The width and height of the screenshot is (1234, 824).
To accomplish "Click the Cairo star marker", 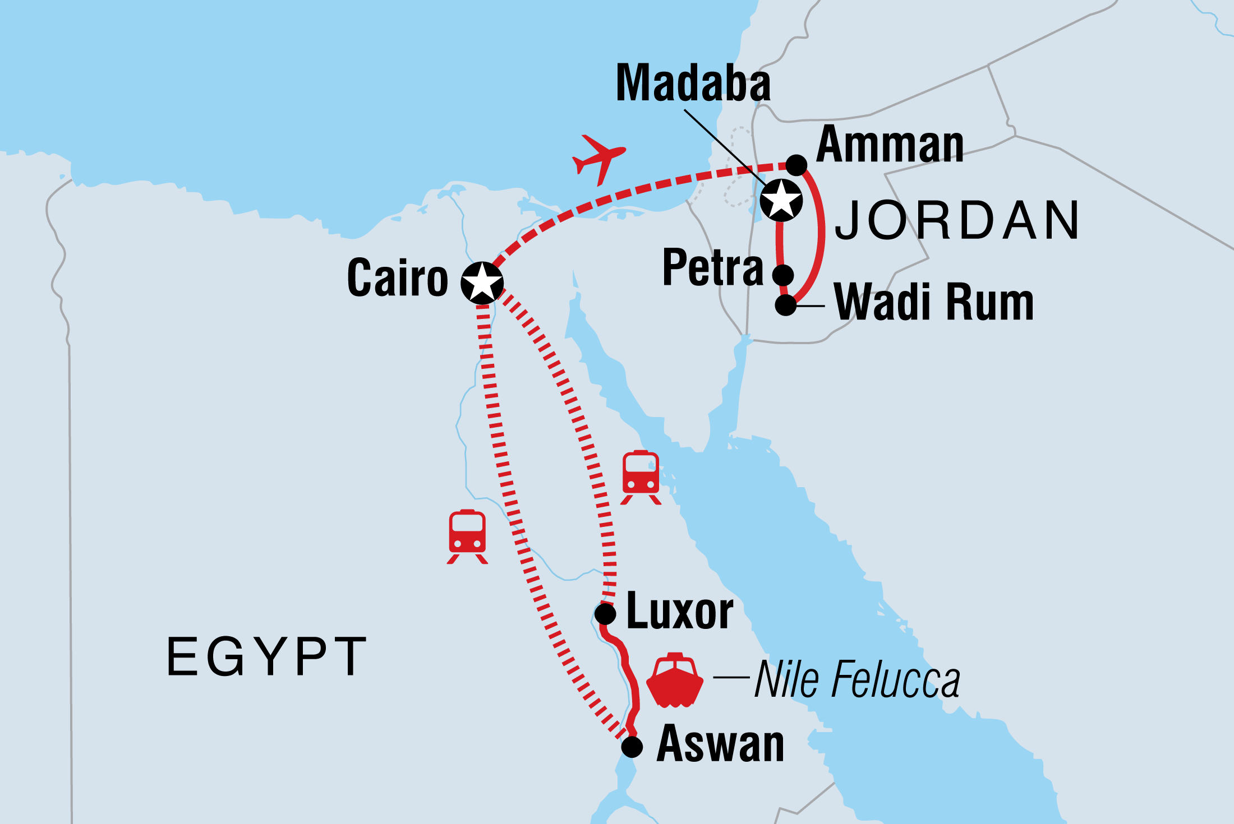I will [482, 283].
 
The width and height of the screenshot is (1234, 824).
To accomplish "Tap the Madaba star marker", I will [781, 200].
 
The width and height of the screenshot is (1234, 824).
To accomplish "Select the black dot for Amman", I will [796, 165].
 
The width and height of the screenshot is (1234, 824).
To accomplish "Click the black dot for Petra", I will [783, 275].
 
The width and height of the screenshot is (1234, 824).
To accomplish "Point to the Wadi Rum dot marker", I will [786, 305].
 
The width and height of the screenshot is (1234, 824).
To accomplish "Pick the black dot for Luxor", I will [605, 613].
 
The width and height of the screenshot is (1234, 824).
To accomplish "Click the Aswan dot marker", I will [632, 747].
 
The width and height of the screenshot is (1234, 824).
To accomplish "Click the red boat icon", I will [674, 681].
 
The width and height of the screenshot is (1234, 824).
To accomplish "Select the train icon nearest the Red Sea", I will [641, 477].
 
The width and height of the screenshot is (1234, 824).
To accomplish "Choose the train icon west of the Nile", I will [467, 536].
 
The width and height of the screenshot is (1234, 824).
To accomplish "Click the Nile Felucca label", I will [857, 679].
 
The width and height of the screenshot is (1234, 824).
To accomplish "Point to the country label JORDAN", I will [957, 220].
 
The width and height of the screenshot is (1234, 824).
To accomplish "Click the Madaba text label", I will [693, 84].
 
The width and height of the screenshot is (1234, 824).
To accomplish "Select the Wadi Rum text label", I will [933, 303].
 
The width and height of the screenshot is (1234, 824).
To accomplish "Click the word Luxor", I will [679, 612].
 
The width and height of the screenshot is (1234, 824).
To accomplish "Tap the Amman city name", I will [890, 145].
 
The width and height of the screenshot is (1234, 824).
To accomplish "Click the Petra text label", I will [712, 267].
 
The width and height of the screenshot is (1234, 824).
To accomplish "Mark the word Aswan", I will [720, 744].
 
